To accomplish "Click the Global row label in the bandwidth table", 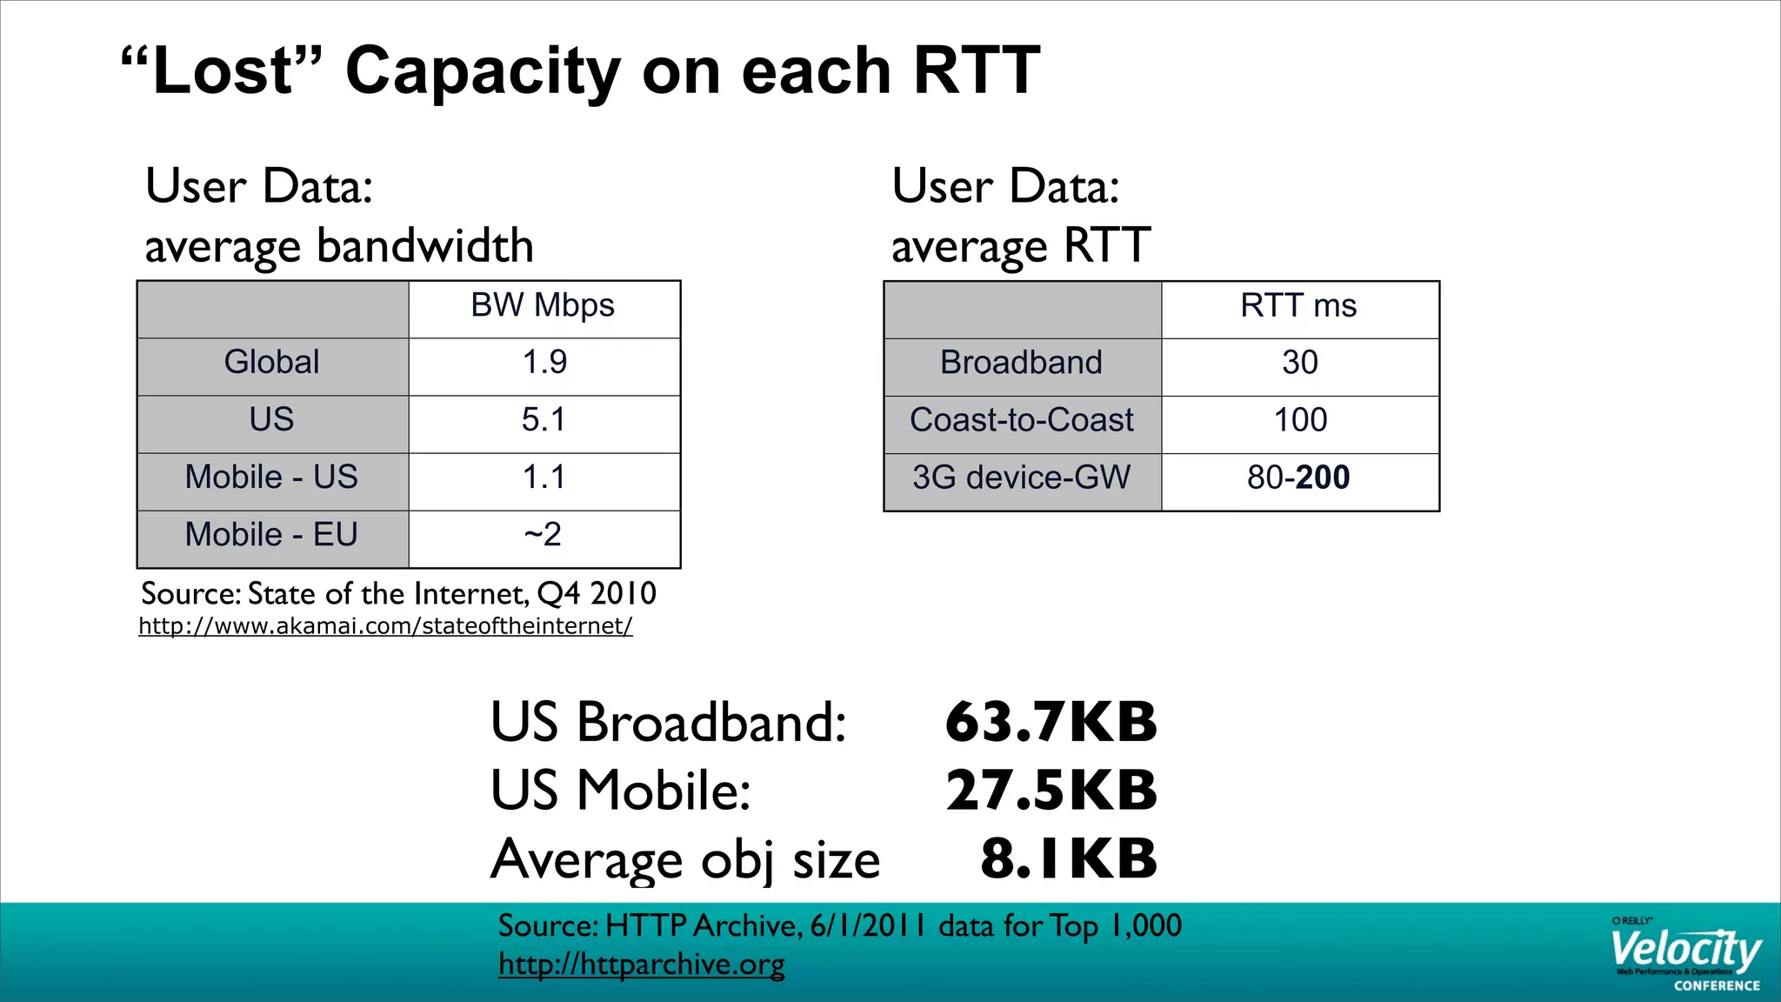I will [271, 362].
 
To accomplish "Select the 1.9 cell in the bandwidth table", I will [544, 362].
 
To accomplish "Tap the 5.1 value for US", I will [544, 420].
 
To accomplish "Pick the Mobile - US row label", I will [271, 478].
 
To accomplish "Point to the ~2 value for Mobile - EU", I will [544, 534].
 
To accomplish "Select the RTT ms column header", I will [1298, 305].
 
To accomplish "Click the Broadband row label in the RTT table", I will [1021, 363].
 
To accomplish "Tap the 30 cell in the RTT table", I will [1300, 363].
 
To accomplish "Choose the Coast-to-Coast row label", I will [1022, 420].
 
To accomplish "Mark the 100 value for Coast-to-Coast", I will [1300, 420].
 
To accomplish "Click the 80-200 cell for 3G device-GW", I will [1298, 478].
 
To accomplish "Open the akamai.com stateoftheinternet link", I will [385, 626].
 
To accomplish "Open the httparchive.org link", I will [641, 964].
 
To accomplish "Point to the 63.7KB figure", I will [1051, 722].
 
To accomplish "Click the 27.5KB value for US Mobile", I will [1051, 790].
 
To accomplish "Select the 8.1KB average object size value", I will [1069, 858].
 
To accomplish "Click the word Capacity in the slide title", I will [483, 70].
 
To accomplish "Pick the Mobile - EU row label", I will [271, 535].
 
